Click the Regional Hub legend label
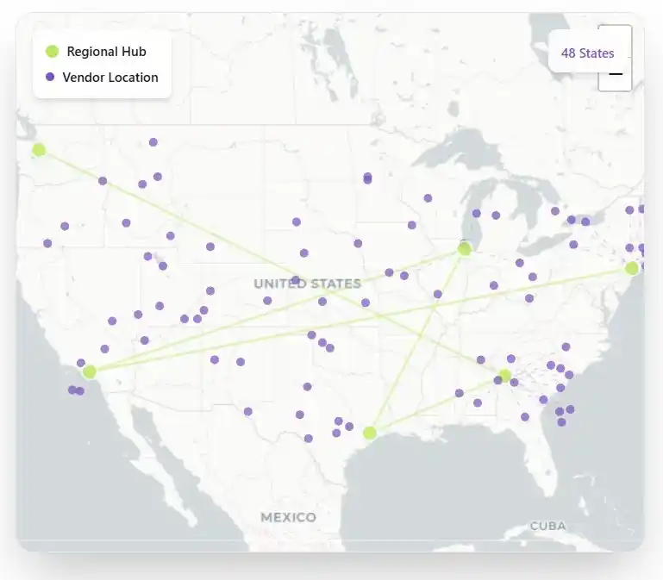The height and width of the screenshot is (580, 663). (x=106, y=52)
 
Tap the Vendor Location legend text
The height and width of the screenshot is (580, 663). (x=110, y=78)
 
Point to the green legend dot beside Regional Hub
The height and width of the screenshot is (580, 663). (x=52, y=52)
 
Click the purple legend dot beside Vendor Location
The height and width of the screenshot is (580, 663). (x=50, y=77)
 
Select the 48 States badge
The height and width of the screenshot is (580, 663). (x=587, y=53)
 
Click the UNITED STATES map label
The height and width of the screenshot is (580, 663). (x=307, y=284)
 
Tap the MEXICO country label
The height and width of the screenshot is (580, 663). (x=288, y=517)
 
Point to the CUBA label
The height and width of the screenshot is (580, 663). (x=547, y=526)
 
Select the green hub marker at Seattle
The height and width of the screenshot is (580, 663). (x=39, y=150)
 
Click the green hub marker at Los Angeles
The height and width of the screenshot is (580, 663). (x=90, y=372)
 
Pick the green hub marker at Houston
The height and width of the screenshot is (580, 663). (x=370, y=433)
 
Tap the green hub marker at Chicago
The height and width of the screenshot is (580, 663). (x=465, y=249)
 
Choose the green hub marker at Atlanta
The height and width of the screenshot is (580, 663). (x=505, y=375)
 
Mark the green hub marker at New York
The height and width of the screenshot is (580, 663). (x=632, y=268)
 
